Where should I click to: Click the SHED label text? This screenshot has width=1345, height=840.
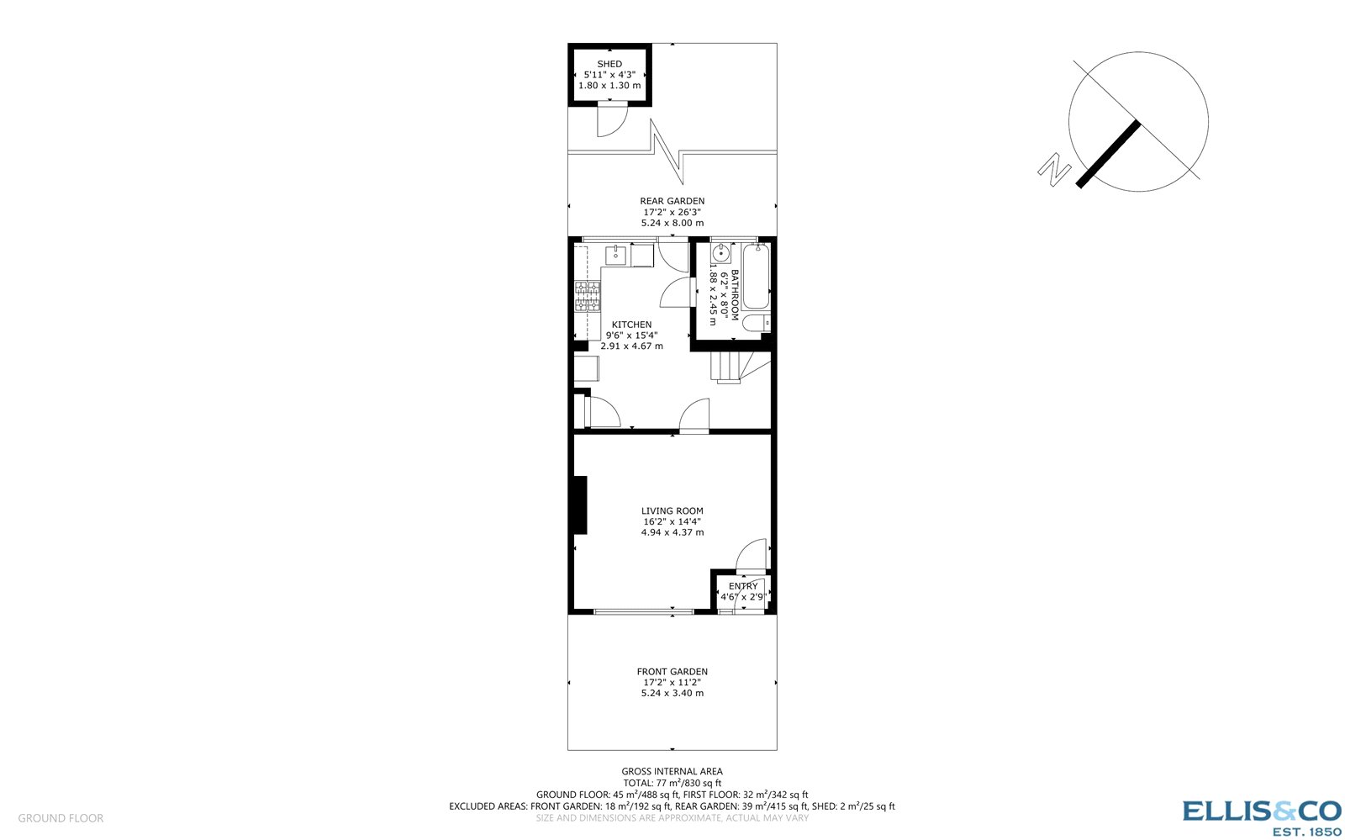coord(609,64)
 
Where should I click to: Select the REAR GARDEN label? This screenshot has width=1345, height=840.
coord(672,201)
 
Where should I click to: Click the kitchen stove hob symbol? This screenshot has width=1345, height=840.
coord(588,296)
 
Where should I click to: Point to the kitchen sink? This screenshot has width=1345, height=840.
coord(616,254)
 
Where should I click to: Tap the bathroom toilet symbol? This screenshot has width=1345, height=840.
coord(755,323)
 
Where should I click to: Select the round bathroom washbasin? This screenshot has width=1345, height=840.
coord(721,254)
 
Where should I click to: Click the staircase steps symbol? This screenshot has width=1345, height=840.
coord(728,367)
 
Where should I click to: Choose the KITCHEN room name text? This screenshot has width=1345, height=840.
coord(631,325)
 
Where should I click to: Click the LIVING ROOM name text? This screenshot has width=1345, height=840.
coord(672,510)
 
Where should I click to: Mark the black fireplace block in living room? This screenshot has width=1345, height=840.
coord(579,505)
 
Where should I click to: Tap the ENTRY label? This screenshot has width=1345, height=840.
coord(743,586)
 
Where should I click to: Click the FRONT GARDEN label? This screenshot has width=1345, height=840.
coord(672,671)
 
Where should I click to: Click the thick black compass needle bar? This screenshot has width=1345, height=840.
coord(1109,154)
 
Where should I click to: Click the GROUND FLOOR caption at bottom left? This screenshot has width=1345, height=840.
coord(61,818)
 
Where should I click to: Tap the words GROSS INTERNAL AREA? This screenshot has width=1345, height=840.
coord(672,771)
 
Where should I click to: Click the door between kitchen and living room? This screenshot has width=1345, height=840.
coord(694,417)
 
